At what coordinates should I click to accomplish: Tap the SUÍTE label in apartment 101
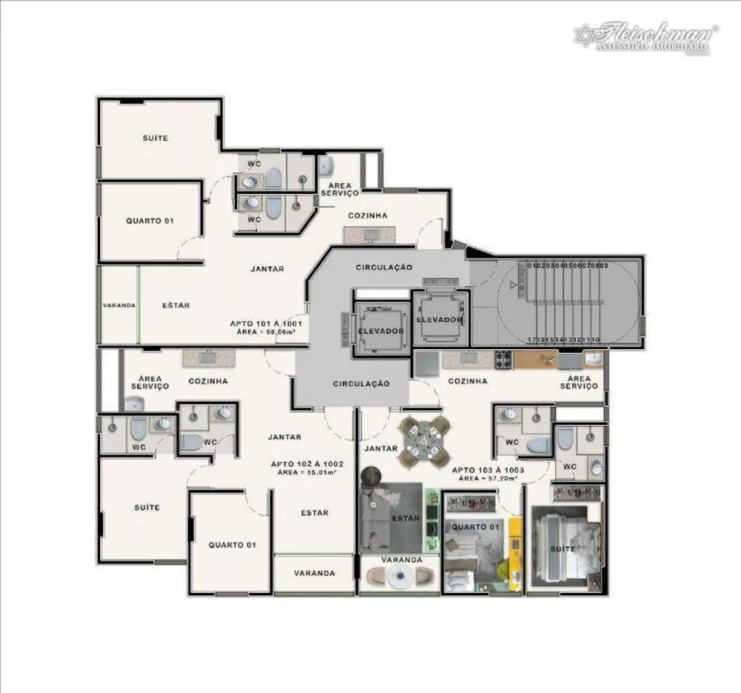[x=156, y=138]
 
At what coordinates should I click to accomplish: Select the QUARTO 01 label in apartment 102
[x=232, y=545]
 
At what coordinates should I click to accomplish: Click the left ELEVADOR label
[x=381, y=331]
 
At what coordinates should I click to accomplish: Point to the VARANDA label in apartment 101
[x=119, y=305]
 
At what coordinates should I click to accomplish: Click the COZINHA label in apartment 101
[x=368, y=216]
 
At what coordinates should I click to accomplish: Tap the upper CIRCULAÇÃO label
[x=384, y=267]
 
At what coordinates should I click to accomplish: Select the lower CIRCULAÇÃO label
[x=361, y=384]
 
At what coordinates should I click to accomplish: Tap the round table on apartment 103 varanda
[x=401, y=577]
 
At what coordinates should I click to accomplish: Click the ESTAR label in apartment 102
[x=315, y=513]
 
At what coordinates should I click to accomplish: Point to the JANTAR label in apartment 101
[x=267, y=269]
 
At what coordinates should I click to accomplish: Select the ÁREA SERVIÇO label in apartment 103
[x=579, y=382]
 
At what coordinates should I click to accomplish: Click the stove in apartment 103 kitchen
[x=503, y=360]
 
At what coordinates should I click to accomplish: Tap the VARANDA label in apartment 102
[x=314, y=573]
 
